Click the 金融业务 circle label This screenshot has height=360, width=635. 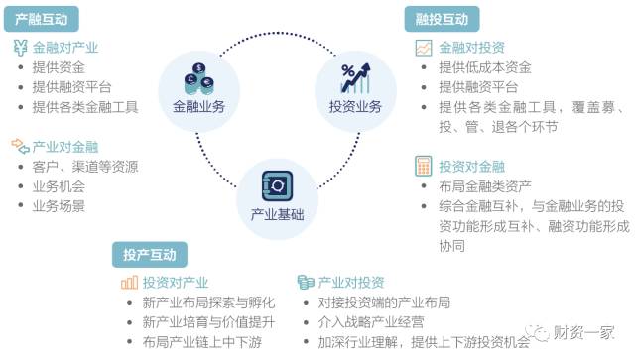click(x=198, y=106)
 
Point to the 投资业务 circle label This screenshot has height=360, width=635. click(x=355, y=106)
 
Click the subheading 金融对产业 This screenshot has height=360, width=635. click(x=65, y=47)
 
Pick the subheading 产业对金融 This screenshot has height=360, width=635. click(x=65, y=145)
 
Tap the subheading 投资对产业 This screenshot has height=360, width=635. click(x=176, y=282)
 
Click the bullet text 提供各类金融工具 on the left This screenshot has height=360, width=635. click(x=84, y=106)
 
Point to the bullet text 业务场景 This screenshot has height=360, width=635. click(x=59, y=205)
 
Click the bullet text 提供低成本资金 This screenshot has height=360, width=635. click(x=485, y=67)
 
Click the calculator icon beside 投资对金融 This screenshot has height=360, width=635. click(x=422, y=166)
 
